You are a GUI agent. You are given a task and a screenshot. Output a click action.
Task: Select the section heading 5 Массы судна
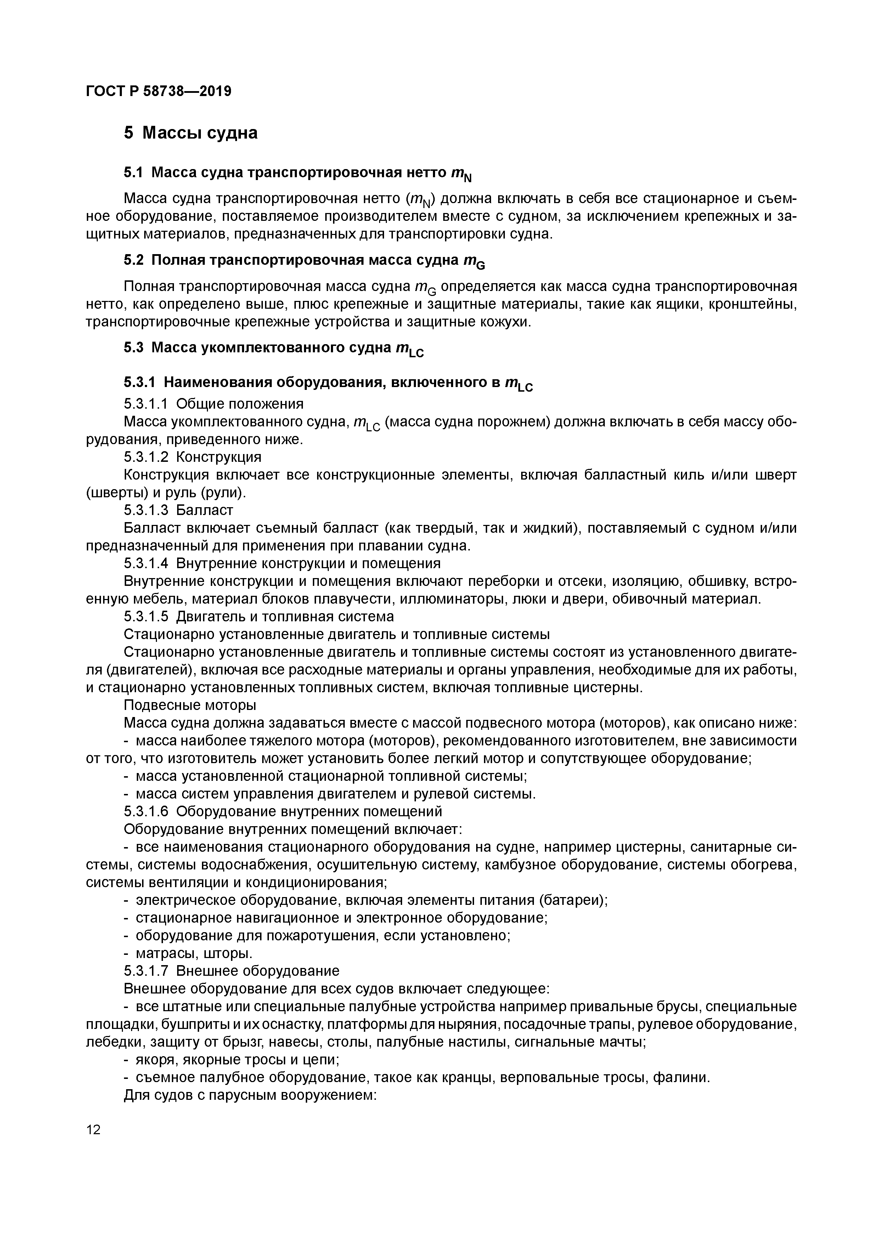coord(191,133)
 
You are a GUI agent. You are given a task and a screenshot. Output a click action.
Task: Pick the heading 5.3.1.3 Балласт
coord(178,510)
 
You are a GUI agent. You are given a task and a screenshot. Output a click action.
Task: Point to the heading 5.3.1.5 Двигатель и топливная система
coord(259,617)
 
